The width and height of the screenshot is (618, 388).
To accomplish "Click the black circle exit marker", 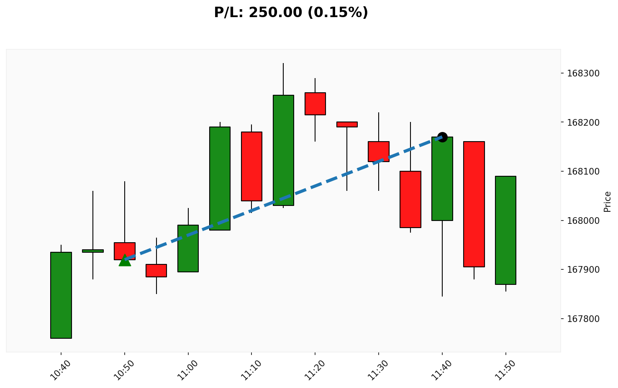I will (442, 137).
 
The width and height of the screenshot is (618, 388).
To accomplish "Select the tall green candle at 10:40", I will (61, 295).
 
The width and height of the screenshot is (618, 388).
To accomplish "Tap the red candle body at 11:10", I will (251, 166).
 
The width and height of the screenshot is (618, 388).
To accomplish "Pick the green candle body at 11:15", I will (283, 150).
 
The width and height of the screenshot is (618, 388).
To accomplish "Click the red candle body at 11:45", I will (474, 204).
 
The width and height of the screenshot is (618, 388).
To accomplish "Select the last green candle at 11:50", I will (505, 230).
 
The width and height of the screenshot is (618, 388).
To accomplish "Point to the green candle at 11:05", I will (220, 178).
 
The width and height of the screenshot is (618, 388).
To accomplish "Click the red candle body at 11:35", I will (410, 199).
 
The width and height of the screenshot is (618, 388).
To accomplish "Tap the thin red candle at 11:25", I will (347, 124).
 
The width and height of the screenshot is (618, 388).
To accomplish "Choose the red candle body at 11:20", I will (315, 104).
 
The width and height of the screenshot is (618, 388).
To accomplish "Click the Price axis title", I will (608, 201).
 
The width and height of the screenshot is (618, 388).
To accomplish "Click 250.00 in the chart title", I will (275, 13).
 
